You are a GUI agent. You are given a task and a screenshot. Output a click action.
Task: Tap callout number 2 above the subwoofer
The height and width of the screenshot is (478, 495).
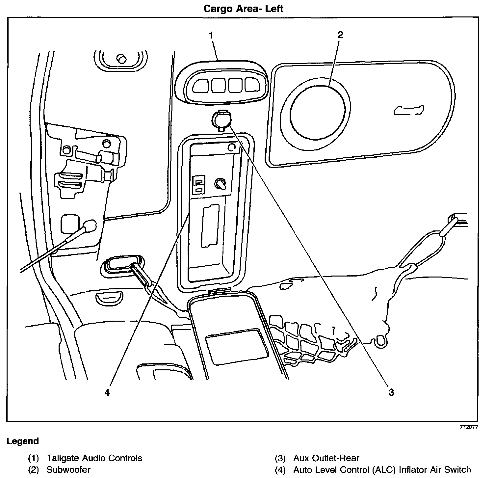click(340, 35)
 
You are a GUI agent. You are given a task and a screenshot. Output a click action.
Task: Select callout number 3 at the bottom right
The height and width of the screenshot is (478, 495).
click(391, 392)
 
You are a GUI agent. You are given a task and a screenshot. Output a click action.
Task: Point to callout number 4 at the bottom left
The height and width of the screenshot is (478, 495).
click(107, 393)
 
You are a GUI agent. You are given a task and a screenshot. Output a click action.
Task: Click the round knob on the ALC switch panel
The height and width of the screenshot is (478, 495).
click(220, 184)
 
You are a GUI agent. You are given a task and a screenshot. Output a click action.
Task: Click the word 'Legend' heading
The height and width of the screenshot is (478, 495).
click(23, 441)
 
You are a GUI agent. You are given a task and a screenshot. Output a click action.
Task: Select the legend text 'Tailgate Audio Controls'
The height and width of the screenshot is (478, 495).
click(94, 458)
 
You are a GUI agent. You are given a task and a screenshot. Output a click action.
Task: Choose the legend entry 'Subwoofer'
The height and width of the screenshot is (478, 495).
click(68, 469)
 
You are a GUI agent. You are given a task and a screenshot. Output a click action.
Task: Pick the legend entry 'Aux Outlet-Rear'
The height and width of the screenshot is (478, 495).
click(326, 458)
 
